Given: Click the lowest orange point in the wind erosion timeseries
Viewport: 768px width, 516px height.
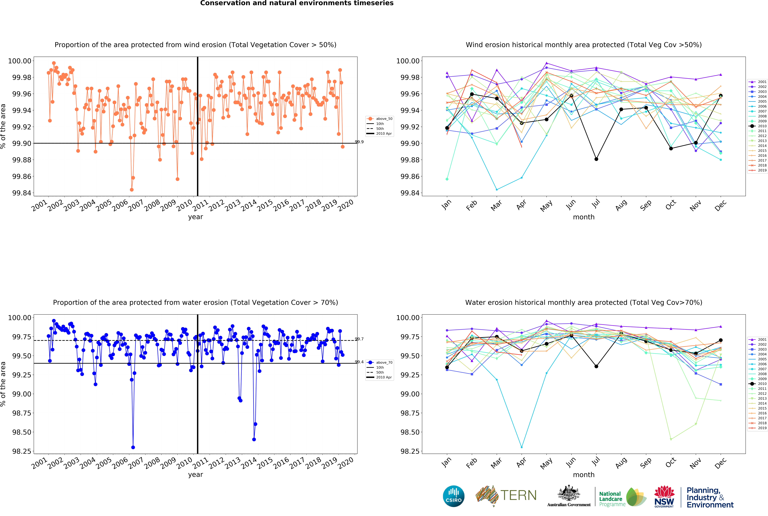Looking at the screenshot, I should (x=132, y=190).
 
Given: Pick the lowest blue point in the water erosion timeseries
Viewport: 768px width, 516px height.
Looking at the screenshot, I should (x=133, y=447).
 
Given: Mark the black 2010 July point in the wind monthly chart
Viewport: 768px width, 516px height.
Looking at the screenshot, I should (x=596, y=159).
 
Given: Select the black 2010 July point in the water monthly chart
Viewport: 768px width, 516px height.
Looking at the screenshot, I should (x=596, y=366).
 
